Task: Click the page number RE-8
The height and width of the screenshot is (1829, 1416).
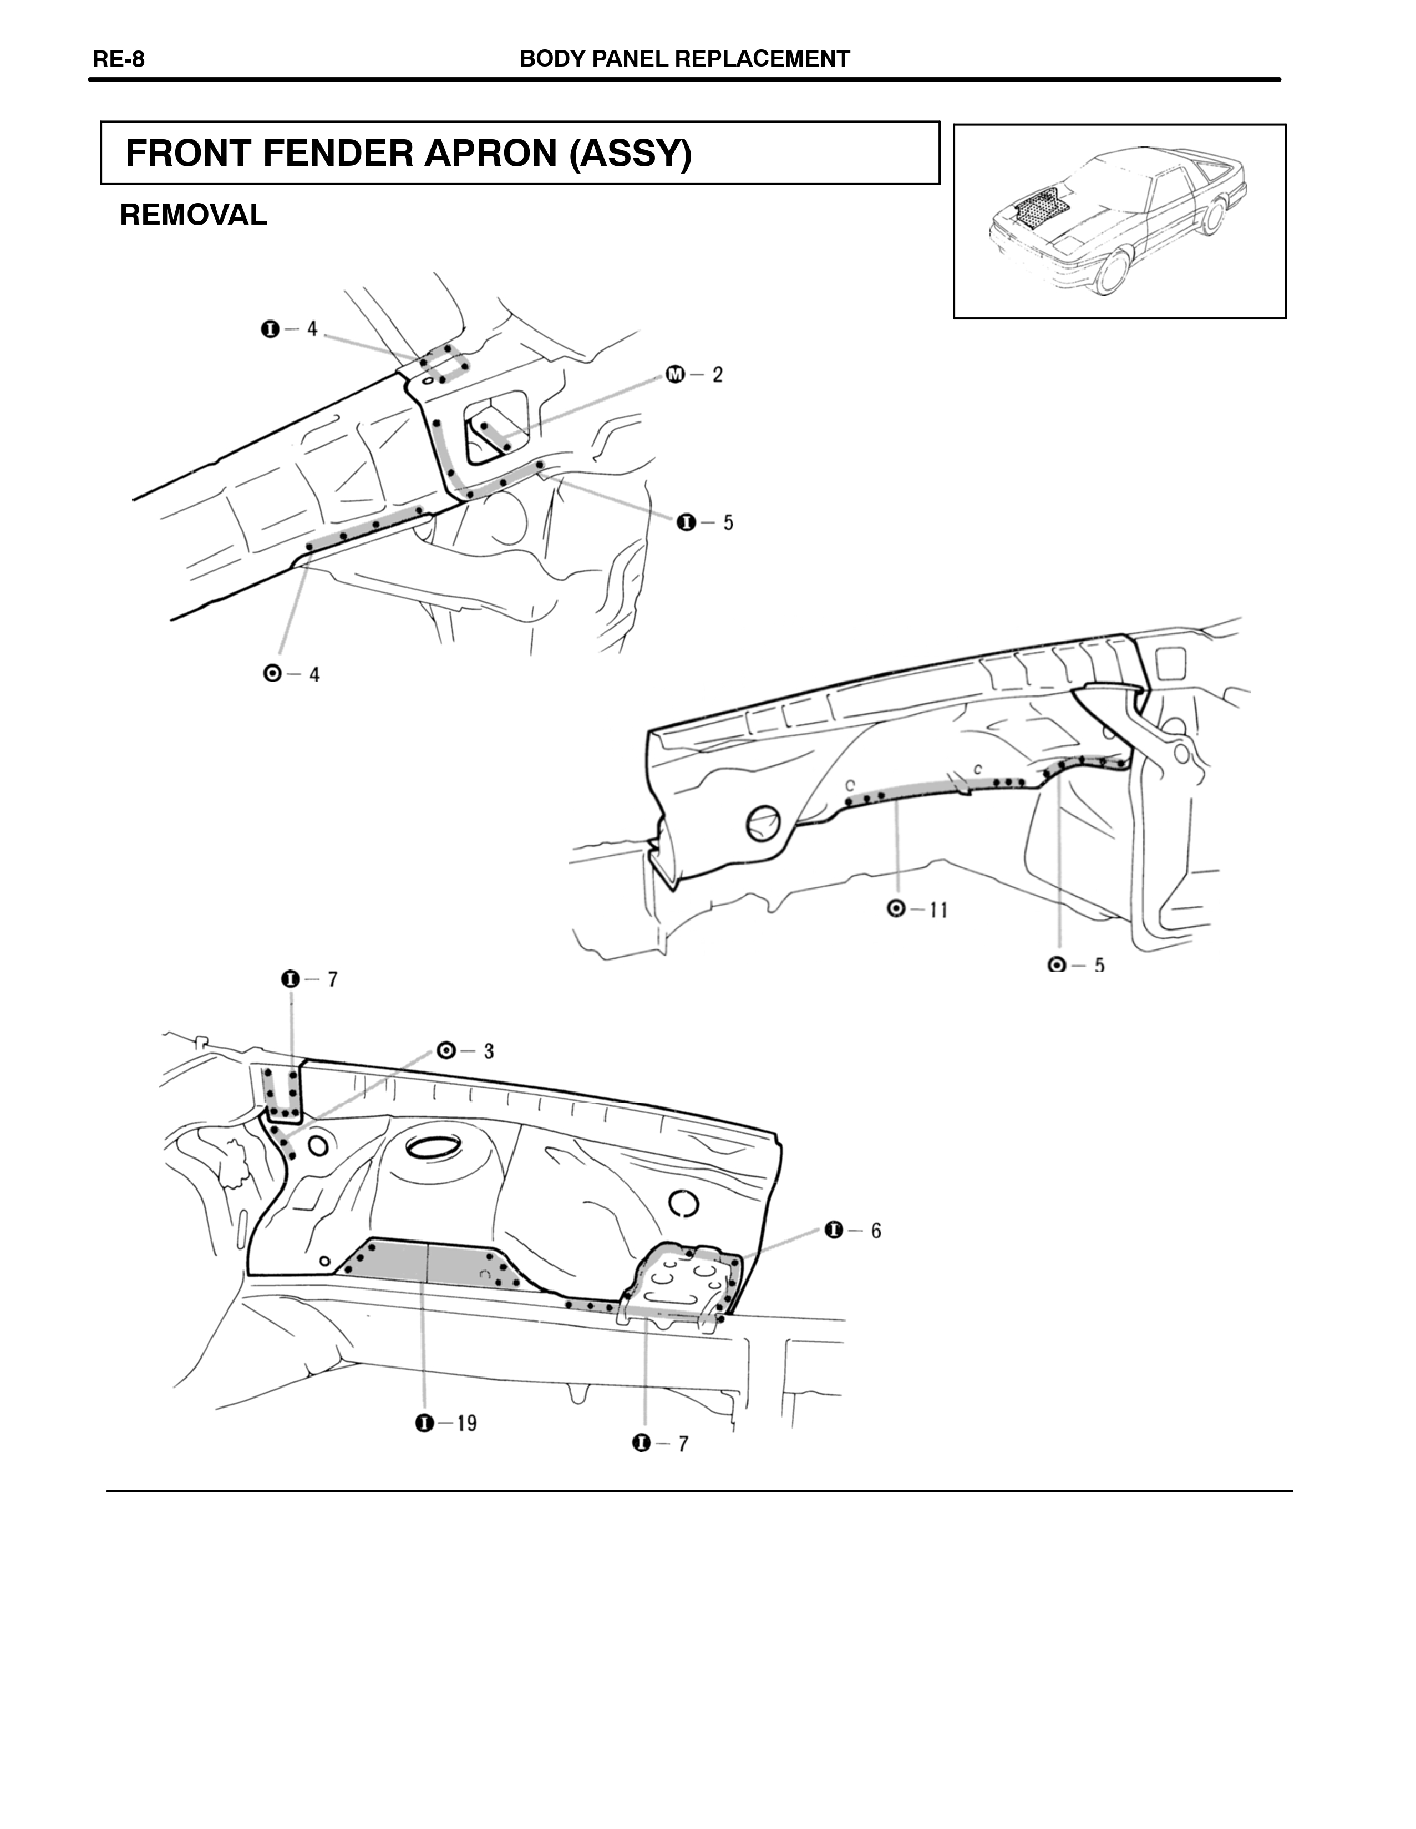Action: pos(118,59)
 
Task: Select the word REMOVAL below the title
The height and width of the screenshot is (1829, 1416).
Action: pos(194,215)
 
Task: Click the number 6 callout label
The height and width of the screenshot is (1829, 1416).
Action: pos(876,1230)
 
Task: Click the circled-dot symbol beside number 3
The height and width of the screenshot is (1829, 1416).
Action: pos(446,1050)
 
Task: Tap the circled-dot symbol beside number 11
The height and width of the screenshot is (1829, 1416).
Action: pos(896,908)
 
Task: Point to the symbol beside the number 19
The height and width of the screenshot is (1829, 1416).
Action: pos(424,1422)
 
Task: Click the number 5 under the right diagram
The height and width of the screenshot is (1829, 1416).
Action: pos(1099,966)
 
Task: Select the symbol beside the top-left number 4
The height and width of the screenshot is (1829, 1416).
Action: pos(270,329)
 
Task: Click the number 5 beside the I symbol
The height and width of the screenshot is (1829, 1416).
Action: pos(728,522)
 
